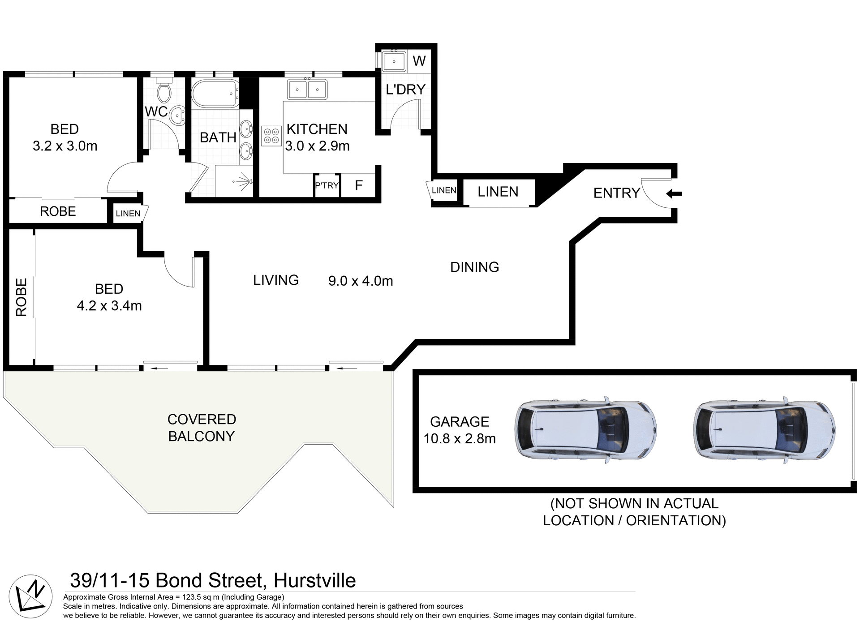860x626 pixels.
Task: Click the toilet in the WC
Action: point(164,91)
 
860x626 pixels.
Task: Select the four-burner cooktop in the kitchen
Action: point(271,136)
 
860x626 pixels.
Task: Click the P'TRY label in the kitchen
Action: point(327,185)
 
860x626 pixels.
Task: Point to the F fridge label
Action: point(358,185)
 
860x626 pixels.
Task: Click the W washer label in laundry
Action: point(419,61)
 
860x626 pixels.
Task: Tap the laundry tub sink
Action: point(394,62)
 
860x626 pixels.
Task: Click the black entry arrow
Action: point(674,194)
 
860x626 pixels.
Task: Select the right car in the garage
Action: point(765,429)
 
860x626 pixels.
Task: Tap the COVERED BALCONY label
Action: point(202,428)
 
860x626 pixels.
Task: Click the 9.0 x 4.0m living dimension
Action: point(361,281)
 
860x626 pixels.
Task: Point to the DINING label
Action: point(474,267)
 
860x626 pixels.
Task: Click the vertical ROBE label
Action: point(21,297)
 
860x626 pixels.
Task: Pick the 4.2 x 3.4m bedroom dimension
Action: point(109,306)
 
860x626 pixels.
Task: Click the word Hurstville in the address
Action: point(314,580)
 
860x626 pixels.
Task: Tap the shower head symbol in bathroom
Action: point(244,181)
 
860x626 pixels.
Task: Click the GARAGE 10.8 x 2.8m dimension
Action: point(460,438)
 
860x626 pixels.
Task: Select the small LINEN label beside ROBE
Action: point(128,214)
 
